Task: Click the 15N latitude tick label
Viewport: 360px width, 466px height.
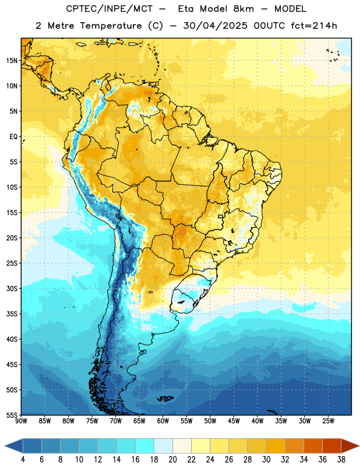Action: click(12, 61)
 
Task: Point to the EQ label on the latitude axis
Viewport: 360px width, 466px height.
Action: click(13, 137)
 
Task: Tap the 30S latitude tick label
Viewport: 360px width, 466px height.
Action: click(12, 288)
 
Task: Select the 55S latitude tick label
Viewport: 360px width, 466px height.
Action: click(12, 415)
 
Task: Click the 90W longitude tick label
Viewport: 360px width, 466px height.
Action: click(21, 421)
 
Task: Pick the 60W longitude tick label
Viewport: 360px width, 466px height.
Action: click(163, 421)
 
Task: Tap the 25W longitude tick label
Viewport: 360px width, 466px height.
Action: click(328, 421)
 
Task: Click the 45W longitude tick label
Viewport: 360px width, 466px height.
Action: click(234, 421)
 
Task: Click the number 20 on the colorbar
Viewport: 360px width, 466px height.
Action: click(172, 460)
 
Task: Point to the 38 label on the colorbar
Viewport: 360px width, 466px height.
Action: click(341, 460)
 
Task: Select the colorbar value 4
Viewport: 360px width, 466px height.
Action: click(23, 460)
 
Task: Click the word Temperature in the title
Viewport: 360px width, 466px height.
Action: click(111, 26)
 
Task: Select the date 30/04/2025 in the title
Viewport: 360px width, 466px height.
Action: click(215, 26)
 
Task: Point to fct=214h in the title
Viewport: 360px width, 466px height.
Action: click(314, 26)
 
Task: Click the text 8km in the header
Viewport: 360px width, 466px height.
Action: click(243, 9)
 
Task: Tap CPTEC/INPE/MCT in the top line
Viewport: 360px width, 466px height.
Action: click(110, 9)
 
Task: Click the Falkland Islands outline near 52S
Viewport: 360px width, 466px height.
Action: click(165, 398)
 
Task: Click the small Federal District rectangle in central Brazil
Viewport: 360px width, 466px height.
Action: click(221, 216)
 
